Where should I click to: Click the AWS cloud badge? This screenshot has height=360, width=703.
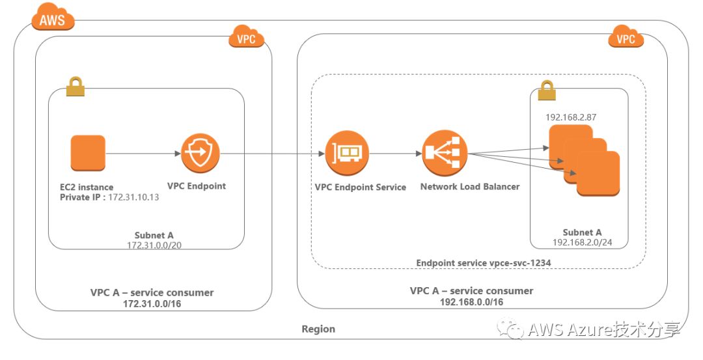click(52, 19)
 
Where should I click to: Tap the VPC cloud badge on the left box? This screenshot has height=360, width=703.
click(247, 38)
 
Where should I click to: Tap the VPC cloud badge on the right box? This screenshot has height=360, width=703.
click(626, 38)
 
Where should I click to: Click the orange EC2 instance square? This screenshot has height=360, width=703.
click(87, 153)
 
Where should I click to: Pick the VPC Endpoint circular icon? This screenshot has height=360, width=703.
click(200, 153)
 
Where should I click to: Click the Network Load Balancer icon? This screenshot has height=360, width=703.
click(441, 154)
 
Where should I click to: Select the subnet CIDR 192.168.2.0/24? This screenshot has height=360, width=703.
click(583, 242)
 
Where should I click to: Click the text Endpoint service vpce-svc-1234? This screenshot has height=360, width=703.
click(478, 262)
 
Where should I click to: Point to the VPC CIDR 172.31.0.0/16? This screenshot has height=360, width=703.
click(152, 303)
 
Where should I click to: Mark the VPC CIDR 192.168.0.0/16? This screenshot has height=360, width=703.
click(471, 302)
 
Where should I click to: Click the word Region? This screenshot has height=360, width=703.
click(318, 329)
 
